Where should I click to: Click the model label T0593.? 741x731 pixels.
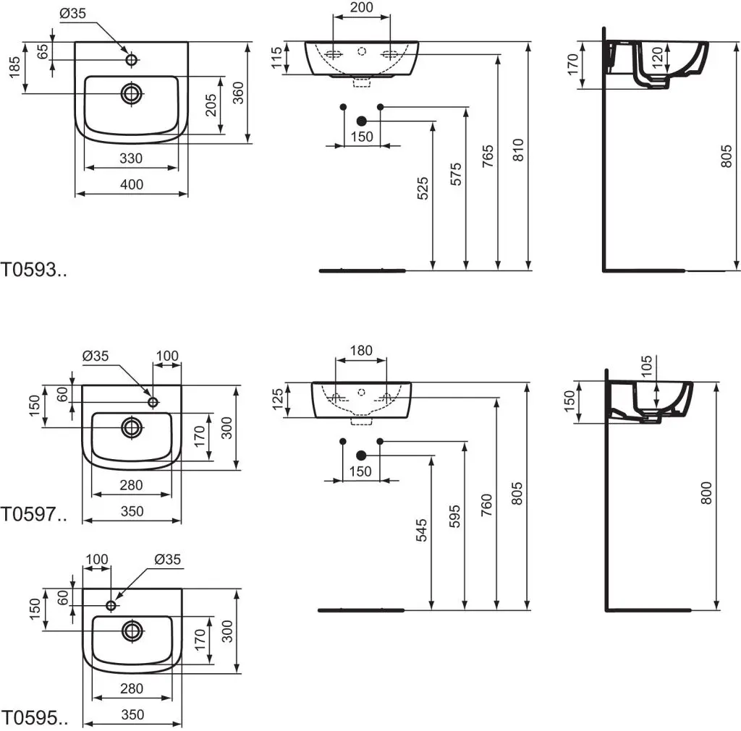[33, 270]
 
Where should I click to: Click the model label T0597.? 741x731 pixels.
[33, 514]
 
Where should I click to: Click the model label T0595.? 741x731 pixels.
[34, 718]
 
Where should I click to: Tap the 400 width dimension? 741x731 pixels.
[132, 184]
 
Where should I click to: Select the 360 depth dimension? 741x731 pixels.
[238, 93]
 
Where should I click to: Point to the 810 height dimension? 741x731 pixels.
[518, 150]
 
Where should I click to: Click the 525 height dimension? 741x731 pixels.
[423, 188]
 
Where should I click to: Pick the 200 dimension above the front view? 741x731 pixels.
[362, 7]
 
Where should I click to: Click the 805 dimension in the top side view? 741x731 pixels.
[726, 156]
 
